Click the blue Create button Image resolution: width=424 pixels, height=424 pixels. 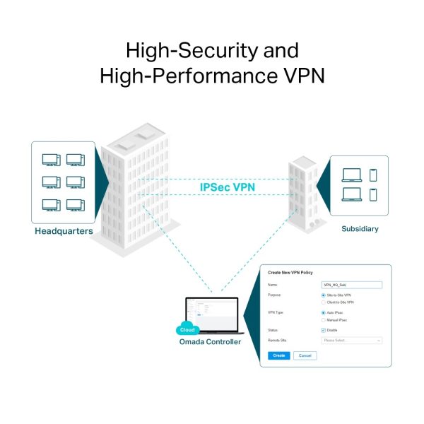coord(278,355)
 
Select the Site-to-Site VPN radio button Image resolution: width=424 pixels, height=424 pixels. coord(323,295)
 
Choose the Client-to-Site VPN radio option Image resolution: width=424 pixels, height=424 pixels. coord(323,302)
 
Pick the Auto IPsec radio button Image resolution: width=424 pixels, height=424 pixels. coord(323,312)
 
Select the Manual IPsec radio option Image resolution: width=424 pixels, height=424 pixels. coord(323,320)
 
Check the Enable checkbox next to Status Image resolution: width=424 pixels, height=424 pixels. coord(323,330)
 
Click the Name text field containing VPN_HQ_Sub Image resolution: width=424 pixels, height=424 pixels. coord(351,285)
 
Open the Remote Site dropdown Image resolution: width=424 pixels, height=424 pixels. coord(351,341)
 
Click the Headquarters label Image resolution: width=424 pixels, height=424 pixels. coord(64,231)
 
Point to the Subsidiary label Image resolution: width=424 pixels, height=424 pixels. coord(360,228)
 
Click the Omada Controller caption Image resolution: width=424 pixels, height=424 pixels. coord(209,342)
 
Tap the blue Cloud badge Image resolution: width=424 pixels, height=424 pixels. coord(187,329)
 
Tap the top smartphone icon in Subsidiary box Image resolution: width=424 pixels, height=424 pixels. coord(373,175)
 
